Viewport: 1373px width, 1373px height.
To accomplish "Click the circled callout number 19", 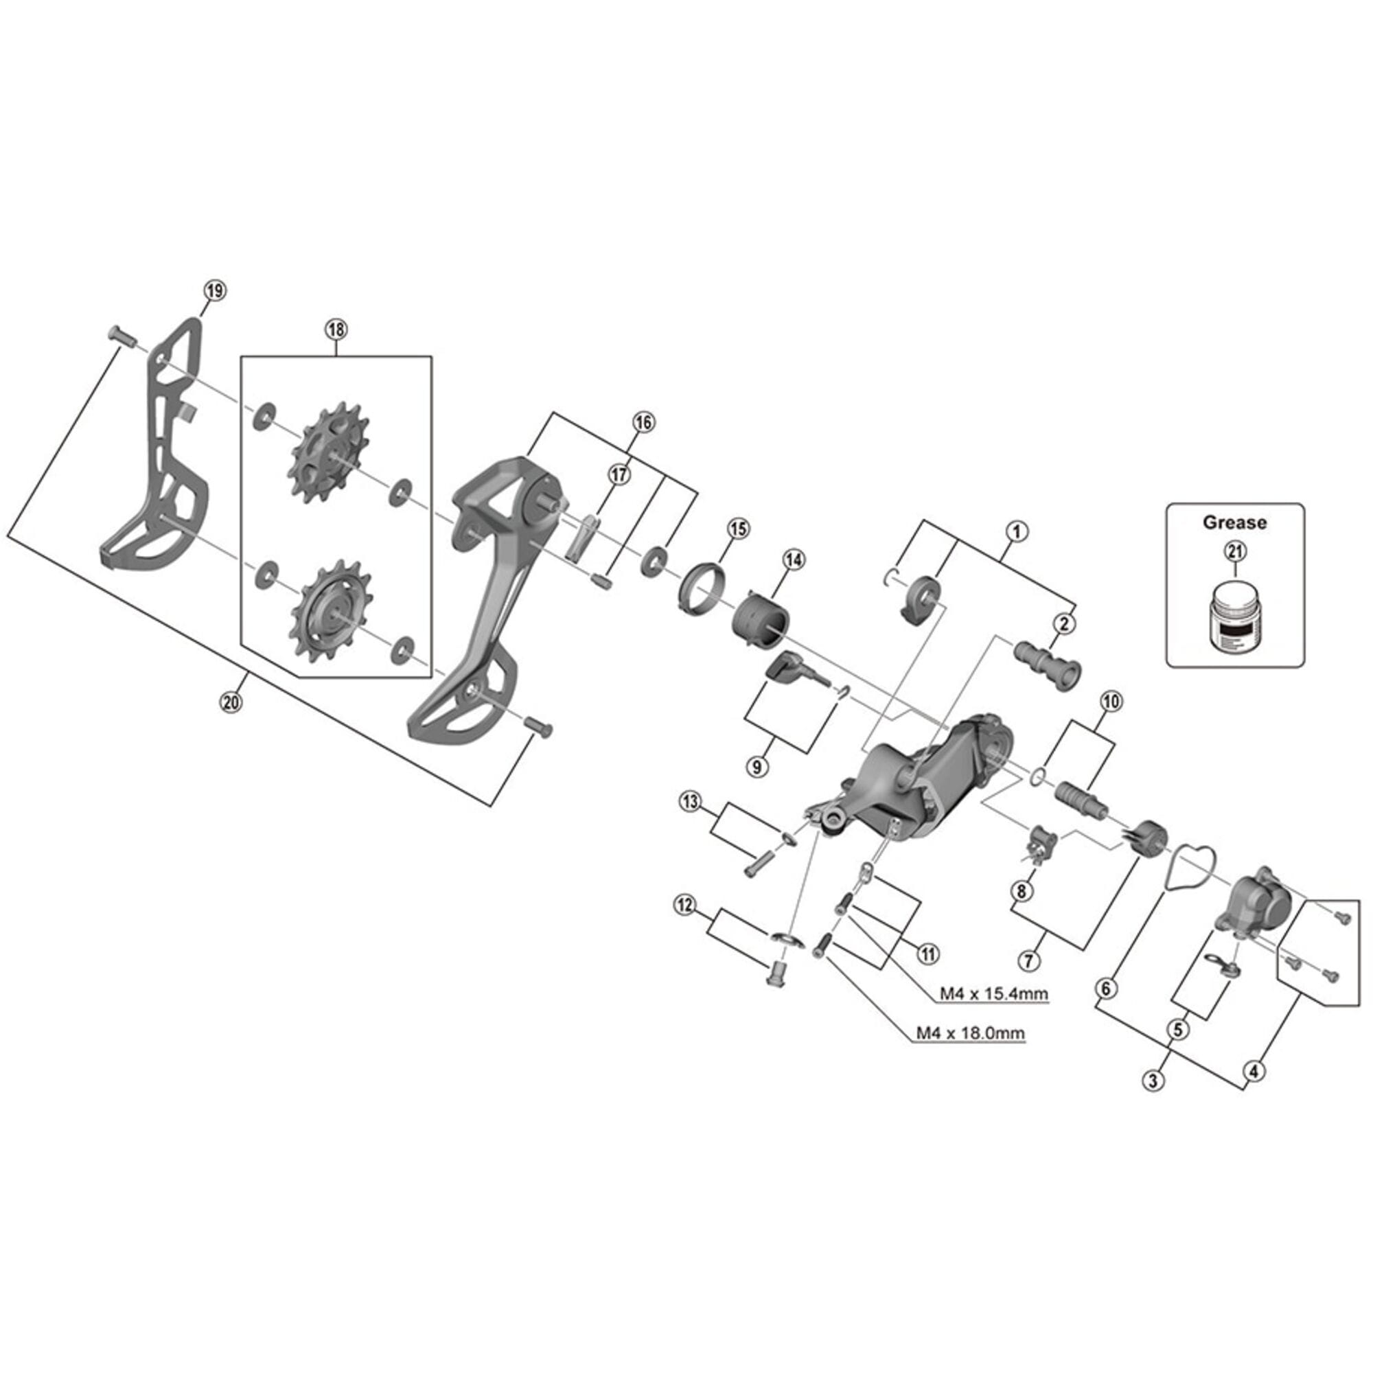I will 215,290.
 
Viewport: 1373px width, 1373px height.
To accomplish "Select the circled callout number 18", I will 336,330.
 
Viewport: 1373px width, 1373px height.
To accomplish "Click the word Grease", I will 1234,522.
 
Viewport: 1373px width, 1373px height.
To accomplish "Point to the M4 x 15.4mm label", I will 993,993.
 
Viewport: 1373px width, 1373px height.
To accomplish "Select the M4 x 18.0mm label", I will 970,1032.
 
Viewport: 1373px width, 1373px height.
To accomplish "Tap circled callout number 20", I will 231,702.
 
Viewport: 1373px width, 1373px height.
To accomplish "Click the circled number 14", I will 794,560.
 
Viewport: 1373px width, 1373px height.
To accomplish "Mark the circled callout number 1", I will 1017,531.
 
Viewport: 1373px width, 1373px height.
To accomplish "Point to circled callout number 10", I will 1111,702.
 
